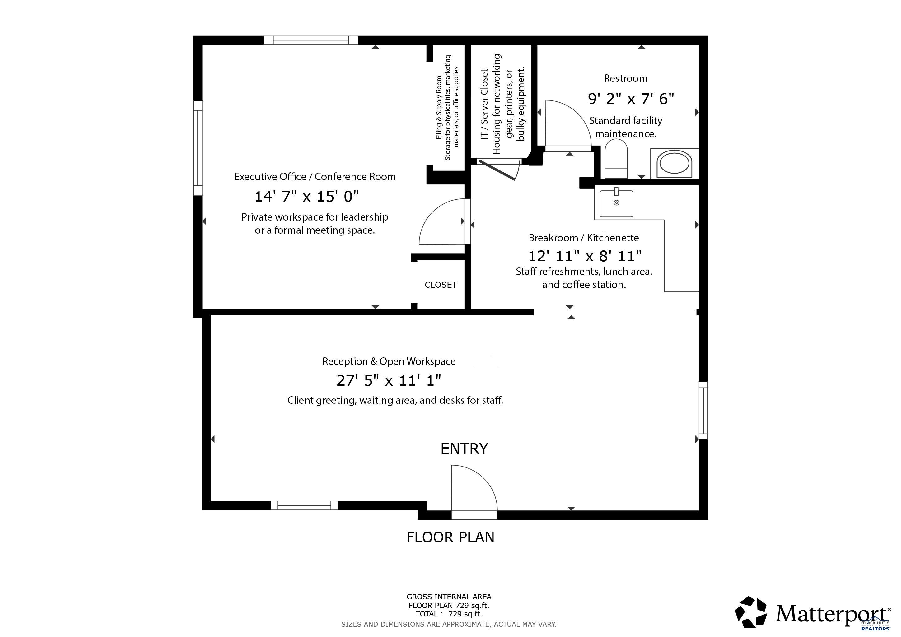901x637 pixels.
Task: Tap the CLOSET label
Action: [x=441, y=285]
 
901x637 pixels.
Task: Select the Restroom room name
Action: [x=626, y=78]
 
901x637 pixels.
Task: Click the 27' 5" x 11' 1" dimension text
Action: [x=389, y=380]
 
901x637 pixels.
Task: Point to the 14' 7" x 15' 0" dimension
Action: [x=307, y=196]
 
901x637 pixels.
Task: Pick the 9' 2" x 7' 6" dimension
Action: [x=631, y=99]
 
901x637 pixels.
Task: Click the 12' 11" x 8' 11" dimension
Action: [x=585, y=256]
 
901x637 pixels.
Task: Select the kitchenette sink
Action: [x=616, y=202]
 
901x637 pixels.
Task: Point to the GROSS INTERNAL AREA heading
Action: [x=449, y=597]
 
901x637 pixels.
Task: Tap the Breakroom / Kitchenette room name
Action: [x=584, y=238]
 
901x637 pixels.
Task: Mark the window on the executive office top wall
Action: [x=310, y=40]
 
